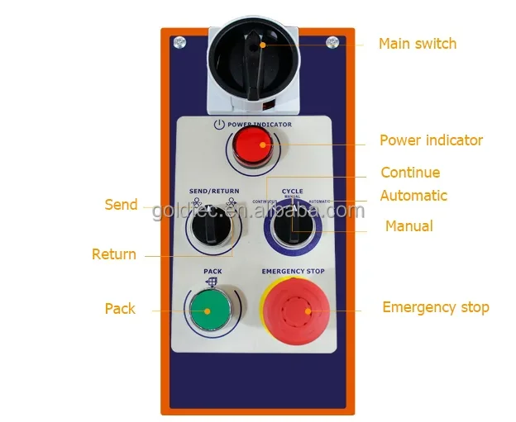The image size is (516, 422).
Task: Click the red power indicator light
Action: click(252, 149)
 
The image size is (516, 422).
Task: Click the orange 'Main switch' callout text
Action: click(417, 44)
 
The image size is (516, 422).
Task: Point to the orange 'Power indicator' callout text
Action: click(431, 140)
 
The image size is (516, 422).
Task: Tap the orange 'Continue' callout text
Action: click(409, 173)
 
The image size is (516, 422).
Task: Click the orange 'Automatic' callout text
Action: click(413, 196)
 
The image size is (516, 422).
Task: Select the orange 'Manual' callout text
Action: click(408, 225)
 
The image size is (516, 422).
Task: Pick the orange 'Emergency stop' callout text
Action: click(435, 307)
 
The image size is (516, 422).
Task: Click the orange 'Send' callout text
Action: click(121, 204)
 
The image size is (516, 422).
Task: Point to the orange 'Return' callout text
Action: click(114, 254)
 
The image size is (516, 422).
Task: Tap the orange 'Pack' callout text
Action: click(120, 309)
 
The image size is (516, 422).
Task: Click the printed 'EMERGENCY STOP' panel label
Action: click(293, 272)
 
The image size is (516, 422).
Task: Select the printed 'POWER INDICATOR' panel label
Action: click(260, 125)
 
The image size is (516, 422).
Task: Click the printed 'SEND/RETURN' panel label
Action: click(213, 192)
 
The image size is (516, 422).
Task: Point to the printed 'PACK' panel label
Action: click(213, 270)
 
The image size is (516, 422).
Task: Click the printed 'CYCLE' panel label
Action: click(292, 191)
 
